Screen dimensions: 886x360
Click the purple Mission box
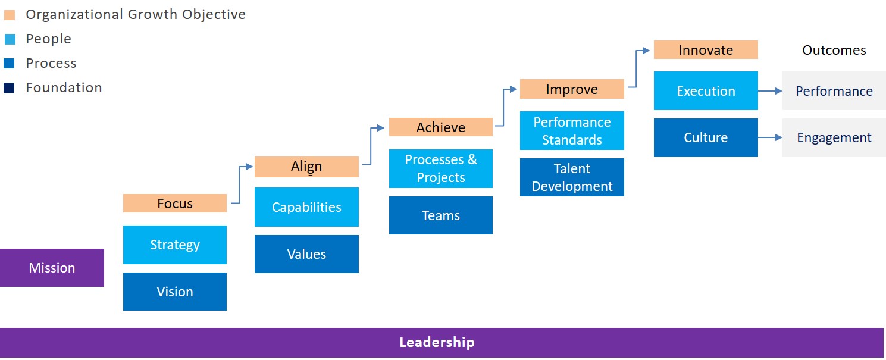[x=52, y=268]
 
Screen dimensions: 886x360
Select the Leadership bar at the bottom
[x=442, y=343]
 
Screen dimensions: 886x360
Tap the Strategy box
[x=175, y=245]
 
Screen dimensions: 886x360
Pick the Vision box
[x=175, y=292]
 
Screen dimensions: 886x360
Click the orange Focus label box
[x=175, y=204]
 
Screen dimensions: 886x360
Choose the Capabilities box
[x=306, y=207]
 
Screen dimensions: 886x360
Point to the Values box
[x=306, y=254]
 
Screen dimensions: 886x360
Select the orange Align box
[x=306, y=167]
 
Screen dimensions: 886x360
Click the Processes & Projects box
[x=441, y=168]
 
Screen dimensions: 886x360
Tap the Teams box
[x=441, y=215]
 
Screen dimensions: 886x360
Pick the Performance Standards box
[x=572, y=130]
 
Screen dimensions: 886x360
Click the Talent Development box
[x=572, y=177]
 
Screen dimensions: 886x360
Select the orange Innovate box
[x=706, y=50]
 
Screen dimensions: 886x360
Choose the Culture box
[x=706, y=137]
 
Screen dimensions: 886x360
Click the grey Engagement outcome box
[x=834, y=137]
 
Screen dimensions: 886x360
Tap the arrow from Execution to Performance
[x=770, y=91]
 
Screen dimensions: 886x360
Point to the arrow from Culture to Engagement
[x=770, y=137]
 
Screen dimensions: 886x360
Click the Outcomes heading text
[x=834, y=50]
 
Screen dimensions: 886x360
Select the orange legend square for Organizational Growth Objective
[x=10, y=15]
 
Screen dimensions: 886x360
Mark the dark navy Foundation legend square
[x=9, y=88]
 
